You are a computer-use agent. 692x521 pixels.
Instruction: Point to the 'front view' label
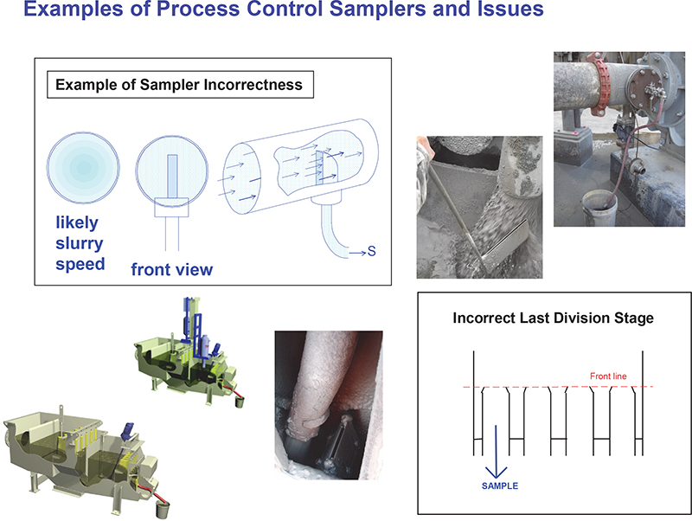point(171,270)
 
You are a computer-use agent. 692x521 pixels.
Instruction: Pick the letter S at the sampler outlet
point(372,253)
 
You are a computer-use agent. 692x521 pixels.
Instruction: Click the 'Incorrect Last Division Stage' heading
point(553,318)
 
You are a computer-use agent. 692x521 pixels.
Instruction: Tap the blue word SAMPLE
point(500,486)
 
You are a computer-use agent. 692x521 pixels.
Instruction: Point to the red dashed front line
point(536,387)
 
